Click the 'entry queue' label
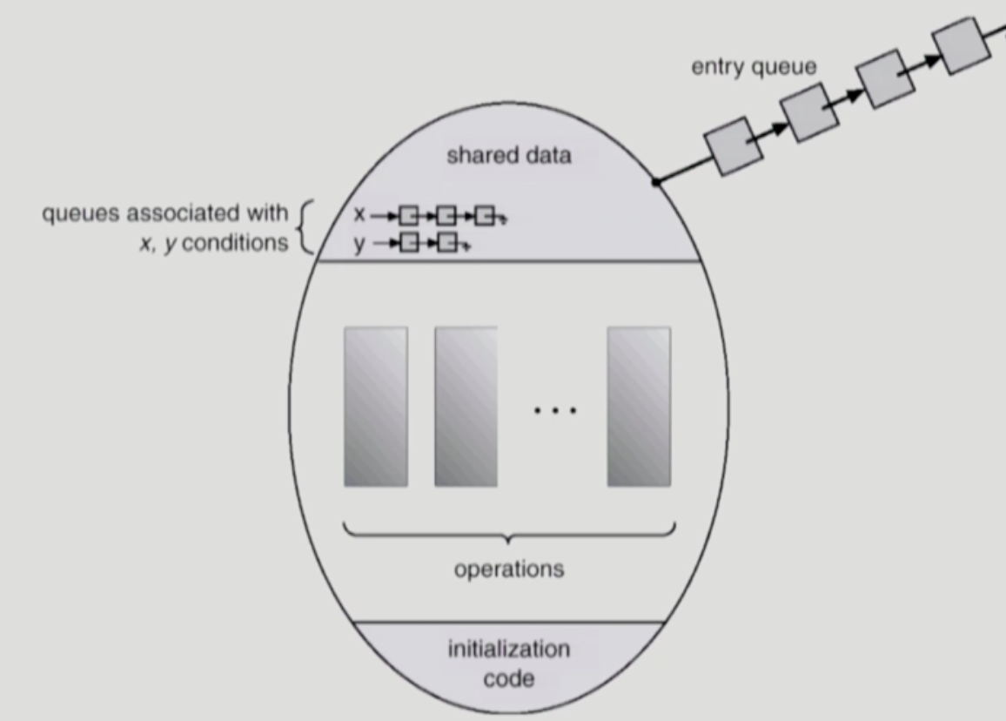754,67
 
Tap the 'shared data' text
509,156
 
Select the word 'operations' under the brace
509,569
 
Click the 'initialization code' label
509,663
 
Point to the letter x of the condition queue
359,213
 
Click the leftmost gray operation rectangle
376,407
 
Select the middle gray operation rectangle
466,407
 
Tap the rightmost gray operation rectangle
639,407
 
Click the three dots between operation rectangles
554,409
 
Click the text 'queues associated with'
164,212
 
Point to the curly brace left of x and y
304,227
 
